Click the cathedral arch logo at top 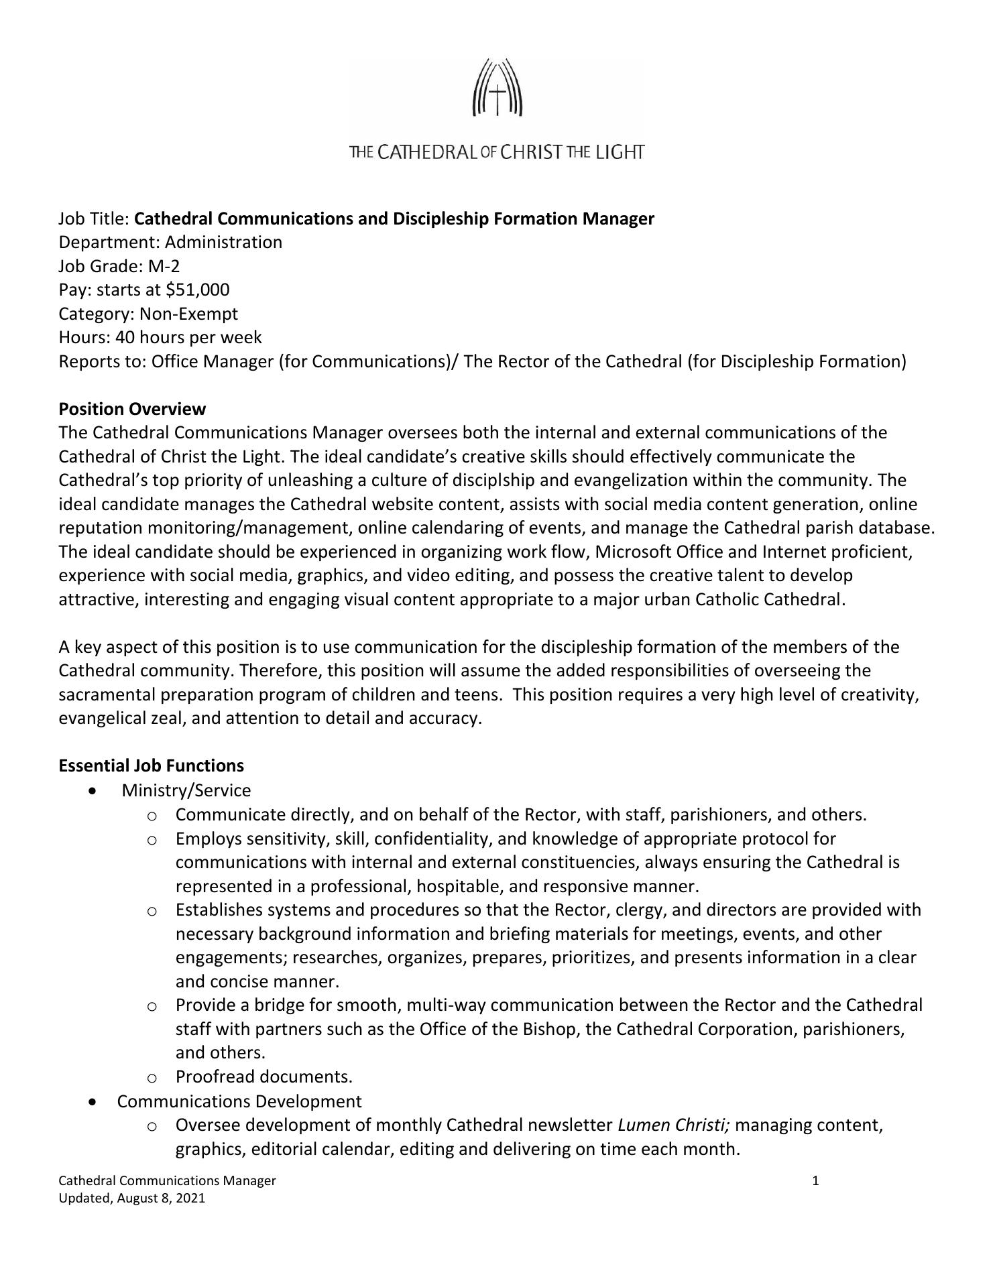(497, 88)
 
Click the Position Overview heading (132, 409)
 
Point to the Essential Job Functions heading (151, 765)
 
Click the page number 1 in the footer (815, 1180)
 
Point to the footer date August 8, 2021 (161, 1198)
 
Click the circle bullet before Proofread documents (152, 1078)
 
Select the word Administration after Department (223, 242)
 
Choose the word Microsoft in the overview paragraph (633, 552)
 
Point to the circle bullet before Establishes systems (152, 911)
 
